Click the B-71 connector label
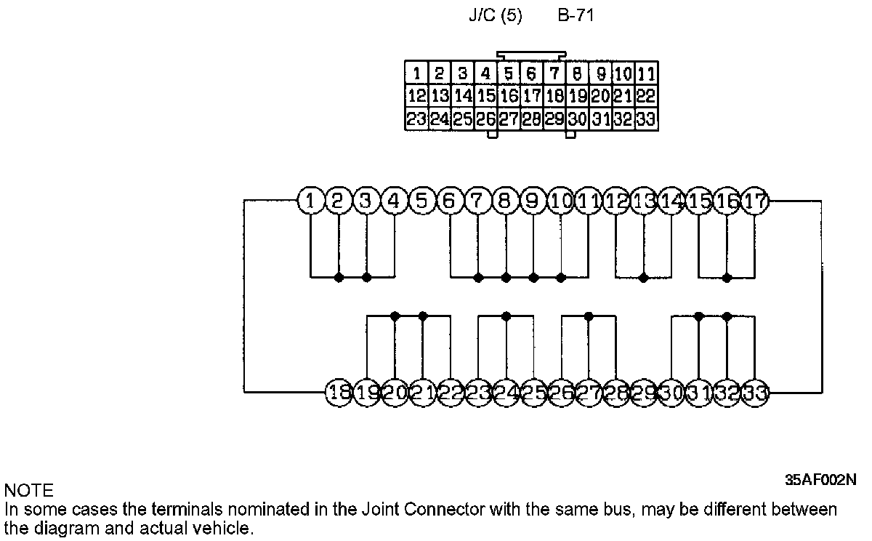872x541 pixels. click(576, 15)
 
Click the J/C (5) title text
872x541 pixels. click(495, 15)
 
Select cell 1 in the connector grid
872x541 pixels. click(416, 73)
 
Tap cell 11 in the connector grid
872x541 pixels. click(647, 73)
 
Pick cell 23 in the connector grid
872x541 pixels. click(416, 119)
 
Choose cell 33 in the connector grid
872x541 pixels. click(647, 119)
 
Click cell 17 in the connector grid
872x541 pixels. click(531, 96)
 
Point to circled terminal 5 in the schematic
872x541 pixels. click(422, 201)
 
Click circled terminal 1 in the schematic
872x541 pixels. click(311, 201)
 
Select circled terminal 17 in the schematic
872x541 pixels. click(755, 201)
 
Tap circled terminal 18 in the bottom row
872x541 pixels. click(339, 393)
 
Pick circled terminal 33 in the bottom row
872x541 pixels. click(755, 393)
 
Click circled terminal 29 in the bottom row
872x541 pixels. click(644, 393)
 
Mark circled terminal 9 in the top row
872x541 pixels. click(533, 201)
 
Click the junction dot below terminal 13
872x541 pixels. click(644, 278)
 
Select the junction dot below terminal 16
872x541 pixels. click(727, 278)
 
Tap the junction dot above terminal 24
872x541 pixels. click(506, 316)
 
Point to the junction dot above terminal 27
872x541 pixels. click(589, 316)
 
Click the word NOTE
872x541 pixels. click(28, 490)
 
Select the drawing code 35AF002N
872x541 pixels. click(820, 480)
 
